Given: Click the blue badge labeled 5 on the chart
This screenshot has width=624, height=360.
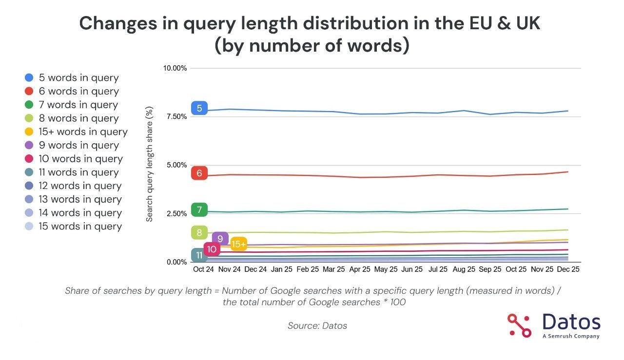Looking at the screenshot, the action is (199, 108).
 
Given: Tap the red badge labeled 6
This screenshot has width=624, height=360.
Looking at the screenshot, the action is (199, 173).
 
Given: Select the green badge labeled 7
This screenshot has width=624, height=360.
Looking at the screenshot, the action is (199, 210).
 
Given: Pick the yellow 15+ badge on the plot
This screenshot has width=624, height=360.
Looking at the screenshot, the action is (238, 245).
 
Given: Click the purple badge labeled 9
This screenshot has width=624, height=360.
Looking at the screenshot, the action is (220, 239).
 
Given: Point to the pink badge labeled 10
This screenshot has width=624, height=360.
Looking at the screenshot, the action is (212, 249).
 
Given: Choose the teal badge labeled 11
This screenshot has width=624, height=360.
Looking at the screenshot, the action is (199, 255).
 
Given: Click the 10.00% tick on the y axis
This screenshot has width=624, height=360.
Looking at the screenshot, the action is (175, 68).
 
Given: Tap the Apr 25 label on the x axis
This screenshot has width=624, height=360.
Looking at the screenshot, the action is (360, 269).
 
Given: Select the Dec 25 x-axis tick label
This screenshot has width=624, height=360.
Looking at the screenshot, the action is (568, 269).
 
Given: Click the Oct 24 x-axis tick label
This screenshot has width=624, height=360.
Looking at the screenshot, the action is (203, 269).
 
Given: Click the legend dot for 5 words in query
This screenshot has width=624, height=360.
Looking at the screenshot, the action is (29, 77).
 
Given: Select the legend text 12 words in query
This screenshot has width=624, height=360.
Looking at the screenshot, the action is (80, 186).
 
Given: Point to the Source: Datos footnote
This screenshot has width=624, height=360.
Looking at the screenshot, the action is (317, 325).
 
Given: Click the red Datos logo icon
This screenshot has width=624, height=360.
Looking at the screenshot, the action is (519, 325).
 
